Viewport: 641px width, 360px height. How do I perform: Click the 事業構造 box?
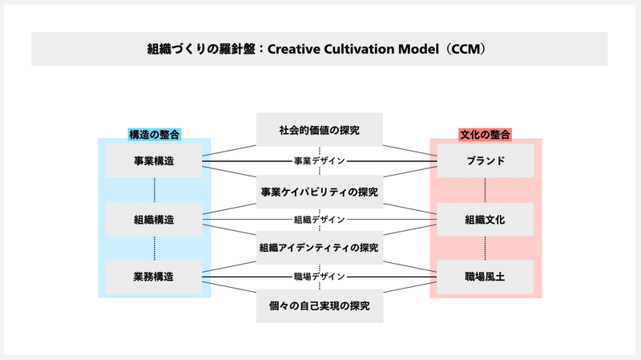(153, 160)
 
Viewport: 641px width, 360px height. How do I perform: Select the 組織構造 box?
(154, 219)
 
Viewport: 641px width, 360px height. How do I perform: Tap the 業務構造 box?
(153, 277)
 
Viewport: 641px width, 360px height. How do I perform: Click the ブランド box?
(486, 160)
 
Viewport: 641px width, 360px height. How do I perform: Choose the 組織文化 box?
(485, 219)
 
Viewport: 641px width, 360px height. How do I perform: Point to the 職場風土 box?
(485, 277)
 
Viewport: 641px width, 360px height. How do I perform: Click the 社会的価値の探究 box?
(320, 130)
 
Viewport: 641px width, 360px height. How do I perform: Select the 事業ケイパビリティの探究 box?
(320, 192)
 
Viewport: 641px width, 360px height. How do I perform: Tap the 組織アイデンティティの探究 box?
(320, 248)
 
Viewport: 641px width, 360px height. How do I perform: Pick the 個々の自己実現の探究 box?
(320, 306)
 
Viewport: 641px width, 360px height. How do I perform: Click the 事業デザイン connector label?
(320, 161)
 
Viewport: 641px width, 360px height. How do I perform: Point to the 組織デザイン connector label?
(320, 220)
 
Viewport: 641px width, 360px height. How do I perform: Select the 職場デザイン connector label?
(320, 277)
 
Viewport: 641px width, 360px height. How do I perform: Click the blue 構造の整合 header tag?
(154, 135)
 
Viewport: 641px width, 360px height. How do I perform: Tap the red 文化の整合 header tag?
(486, 135)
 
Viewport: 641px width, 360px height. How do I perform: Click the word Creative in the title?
(293, 49)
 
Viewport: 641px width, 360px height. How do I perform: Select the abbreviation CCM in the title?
(466, 49)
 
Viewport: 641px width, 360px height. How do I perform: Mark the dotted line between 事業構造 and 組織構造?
(155, 190)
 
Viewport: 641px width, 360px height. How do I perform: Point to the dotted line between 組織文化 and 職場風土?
(486, 249)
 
